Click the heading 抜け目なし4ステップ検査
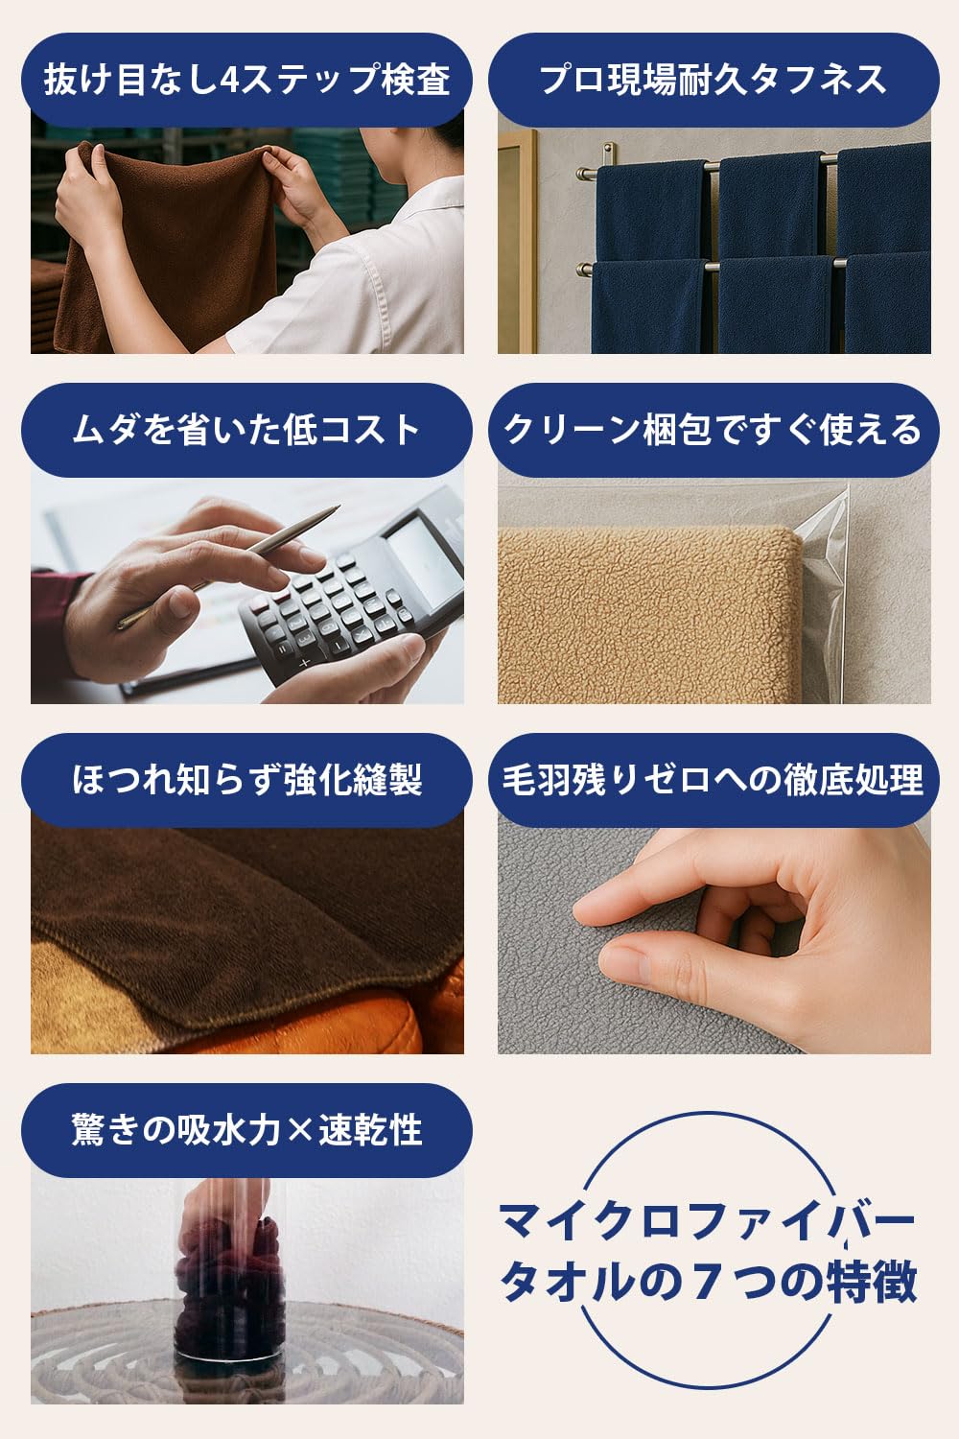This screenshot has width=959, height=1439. pyautogui.click(x=246, y=80)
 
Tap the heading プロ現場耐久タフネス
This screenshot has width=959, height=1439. pyautogui.click(x=713, y=80)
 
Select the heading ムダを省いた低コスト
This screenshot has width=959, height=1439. pyautogui.click(x=246, y=429)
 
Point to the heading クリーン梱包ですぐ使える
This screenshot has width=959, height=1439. pyautogui.click(x=713, y=429)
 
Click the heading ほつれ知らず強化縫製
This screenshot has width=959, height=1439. pyautogui.click(x=246, y=779)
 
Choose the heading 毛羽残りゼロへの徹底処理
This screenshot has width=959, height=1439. pyautogui.click(x=713, y=779)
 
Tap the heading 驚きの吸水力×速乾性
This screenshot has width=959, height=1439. pyautogui.click(x=246, y=1129)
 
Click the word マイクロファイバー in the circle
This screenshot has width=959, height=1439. pyautogui.click(x=707, y=1222)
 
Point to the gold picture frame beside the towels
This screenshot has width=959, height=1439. pyautogui.click(x=518, y=241)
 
